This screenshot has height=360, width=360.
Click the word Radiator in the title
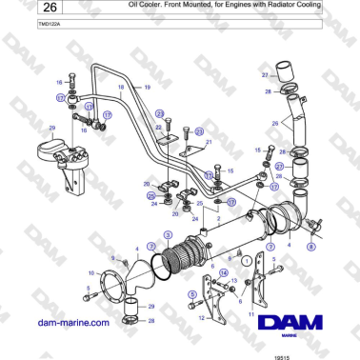coord(273,6)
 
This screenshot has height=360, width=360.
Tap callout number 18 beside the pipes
coord(121,87)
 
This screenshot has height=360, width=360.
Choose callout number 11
coord(250,313)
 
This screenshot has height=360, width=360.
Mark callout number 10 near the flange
coord(91,273)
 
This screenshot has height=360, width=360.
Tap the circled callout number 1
coord(246,259)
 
